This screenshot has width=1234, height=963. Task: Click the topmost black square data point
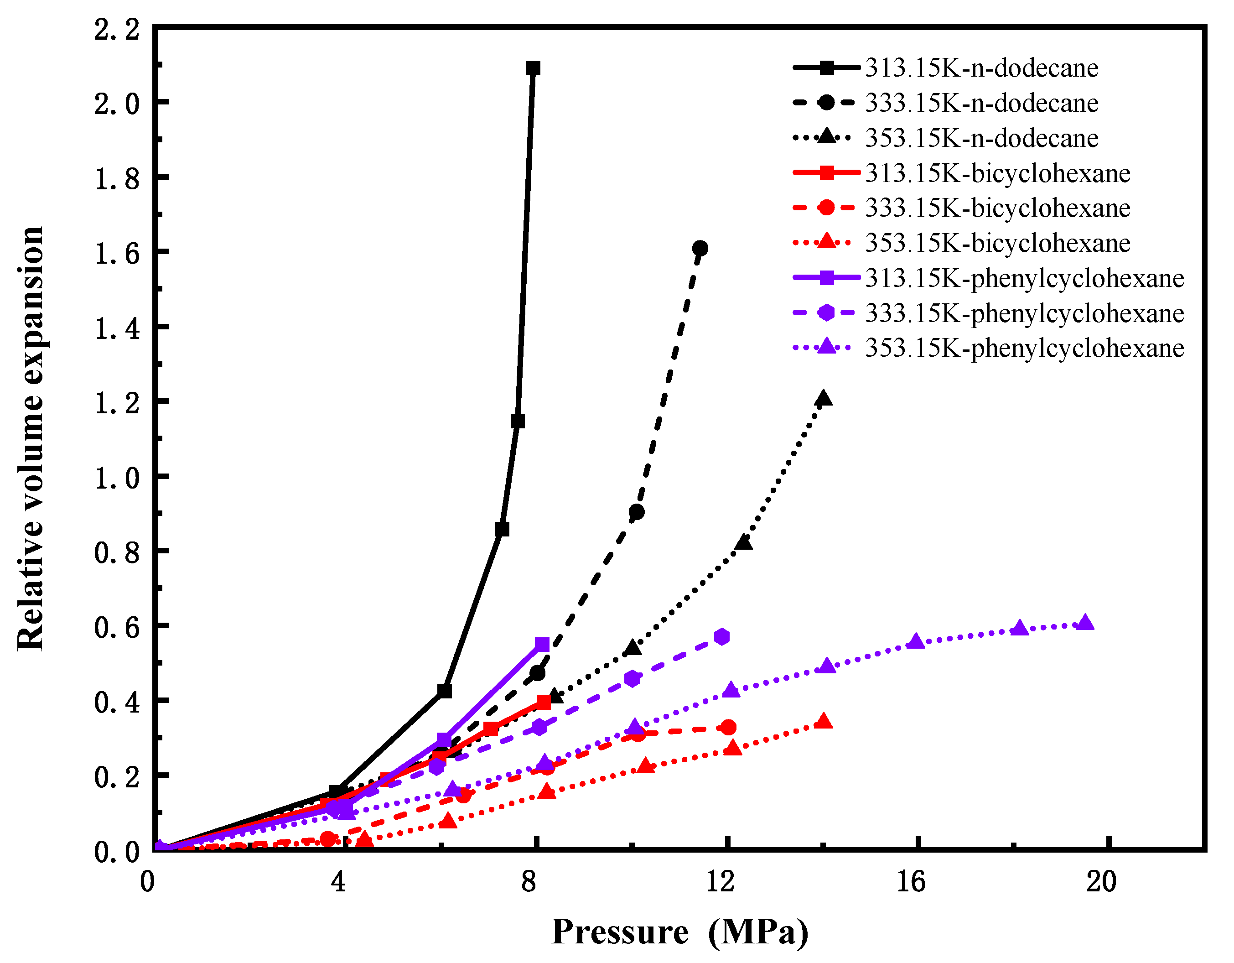coord(533,68)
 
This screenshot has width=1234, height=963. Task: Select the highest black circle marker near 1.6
coord(700,248)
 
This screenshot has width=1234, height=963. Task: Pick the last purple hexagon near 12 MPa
coord(721,637)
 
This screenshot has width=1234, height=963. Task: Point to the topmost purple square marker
coord(542,644)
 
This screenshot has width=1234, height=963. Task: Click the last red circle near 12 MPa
coord(729,727)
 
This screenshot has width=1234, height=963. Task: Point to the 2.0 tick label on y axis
coord(116,104)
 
